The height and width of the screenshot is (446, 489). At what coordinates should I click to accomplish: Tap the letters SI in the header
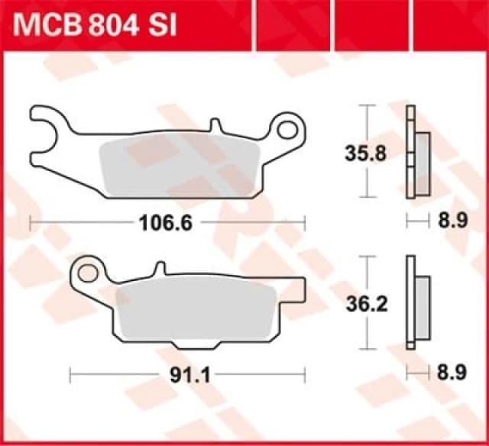[162, 25]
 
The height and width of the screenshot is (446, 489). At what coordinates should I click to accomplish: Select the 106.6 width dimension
[165, 223]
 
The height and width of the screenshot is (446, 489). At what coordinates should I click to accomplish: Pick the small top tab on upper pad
[215, 124]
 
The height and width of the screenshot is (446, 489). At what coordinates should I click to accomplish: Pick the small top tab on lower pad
[159, 268]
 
